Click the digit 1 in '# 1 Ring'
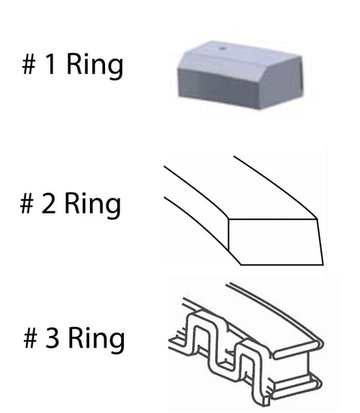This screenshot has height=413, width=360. tap(50, 63)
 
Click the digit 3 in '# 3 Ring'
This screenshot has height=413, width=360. tap(52, 337)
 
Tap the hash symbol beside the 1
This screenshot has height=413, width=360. tap(29, 64)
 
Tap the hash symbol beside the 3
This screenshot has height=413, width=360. tap(30, 338)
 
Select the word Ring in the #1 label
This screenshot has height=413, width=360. tap(95, 66)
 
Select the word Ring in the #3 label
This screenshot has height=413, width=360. tap(96, 340)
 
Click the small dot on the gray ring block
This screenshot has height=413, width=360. tap(223, 48)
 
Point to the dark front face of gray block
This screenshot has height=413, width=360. tap(219, 88)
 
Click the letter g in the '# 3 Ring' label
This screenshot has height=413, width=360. tap(116, 343)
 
